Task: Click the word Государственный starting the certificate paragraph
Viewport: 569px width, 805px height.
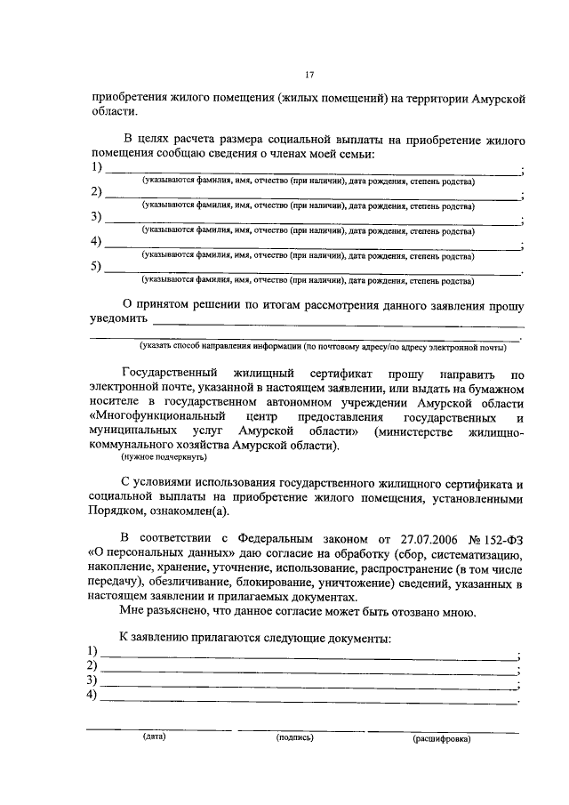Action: click(x=170, y=374)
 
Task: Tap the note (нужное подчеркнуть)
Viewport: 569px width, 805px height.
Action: click(x=164, y=457)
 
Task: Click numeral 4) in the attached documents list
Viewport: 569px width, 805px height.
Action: click(x=91, y=696)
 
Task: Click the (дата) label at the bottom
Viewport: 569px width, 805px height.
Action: click(x=154, y=737)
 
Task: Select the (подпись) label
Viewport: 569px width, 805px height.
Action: click(x=295, y=737)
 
